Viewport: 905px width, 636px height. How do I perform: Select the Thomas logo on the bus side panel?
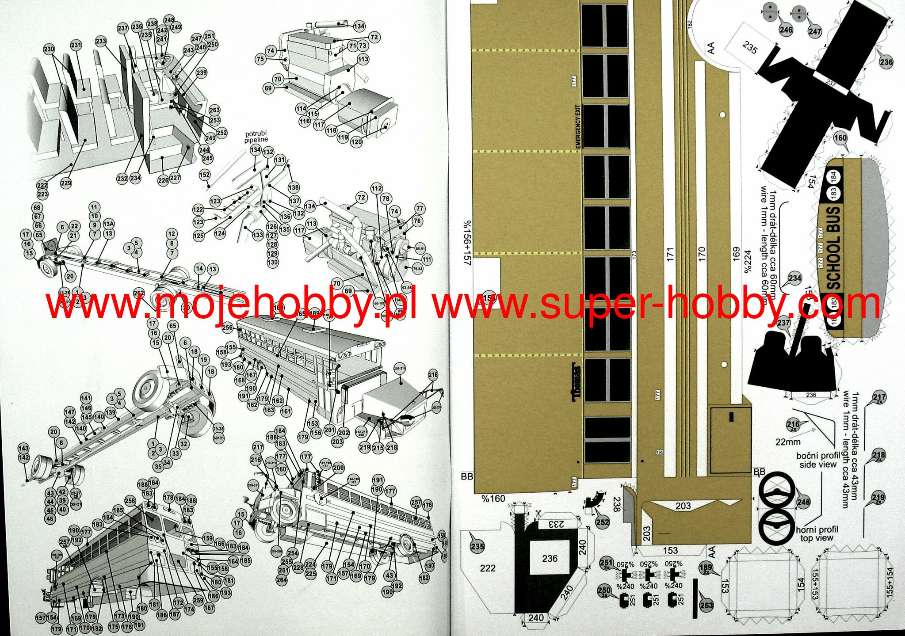(576, 383)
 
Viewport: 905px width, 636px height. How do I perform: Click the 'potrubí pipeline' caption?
(256, 137)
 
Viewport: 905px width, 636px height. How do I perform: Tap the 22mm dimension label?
(787, 442)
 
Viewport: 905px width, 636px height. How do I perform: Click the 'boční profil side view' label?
(817, 460)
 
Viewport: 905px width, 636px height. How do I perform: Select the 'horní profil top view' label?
(817, 533)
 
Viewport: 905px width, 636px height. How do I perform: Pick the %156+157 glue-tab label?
(467, 243)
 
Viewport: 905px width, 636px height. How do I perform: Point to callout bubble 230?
(49, 49)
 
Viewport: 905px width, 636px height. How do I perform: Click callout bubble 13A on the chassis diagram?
(108, 224)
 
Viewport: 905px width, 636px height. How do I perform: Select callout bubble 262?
(139, 293)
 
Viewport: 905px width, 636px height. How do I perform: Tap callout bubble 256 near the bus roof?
(227, 328)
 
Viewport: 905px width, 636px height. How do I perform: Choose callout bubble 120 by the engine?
(356, 142)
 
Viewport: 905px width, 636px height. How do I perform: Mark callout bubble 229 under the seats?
(66, 183)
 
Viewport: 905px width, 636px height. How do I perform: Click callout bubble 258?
(130, 501)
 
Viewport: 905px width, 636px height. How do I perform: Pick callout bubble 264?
(282, 580)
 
